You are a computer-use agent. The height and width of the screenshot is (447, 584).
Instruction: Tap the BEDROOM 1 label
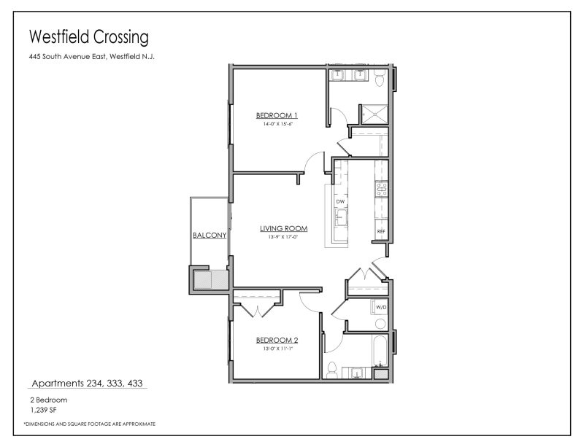[276, 115]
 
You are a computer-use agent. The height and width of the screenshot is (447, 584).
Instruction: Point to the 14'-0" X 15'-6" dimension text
[276, 124]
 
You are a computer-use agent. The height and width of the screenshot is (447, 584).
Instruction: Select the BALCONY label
[209, 236]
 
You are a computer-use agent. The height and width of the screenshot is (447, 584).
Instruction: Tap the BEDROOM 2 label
[276, 340]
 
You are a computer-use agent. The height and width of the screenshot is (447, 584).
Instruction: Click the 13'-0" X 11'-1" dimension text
[276, 349]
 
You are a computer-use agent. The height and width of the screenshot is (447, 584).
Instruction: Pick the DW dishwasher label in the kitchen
[340, 201]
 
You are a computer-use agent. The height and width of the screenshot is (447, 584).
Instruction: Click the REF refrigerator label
[380, 232]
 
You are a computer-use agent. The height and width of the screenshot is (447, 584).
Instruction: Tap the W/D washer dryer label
[380, 308]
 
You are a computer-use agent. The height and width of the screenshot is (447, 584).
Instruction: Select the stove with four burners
[380, 190]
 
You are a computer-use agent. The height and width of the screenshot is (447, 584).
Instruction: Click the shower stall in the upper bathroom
[374, 113]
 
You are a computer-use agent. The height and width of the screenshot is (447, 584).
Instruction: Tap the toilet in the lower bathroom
[331, 368]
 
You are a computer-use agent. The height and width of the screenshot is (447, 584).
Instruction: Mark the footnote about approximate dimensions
[89, 424]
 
